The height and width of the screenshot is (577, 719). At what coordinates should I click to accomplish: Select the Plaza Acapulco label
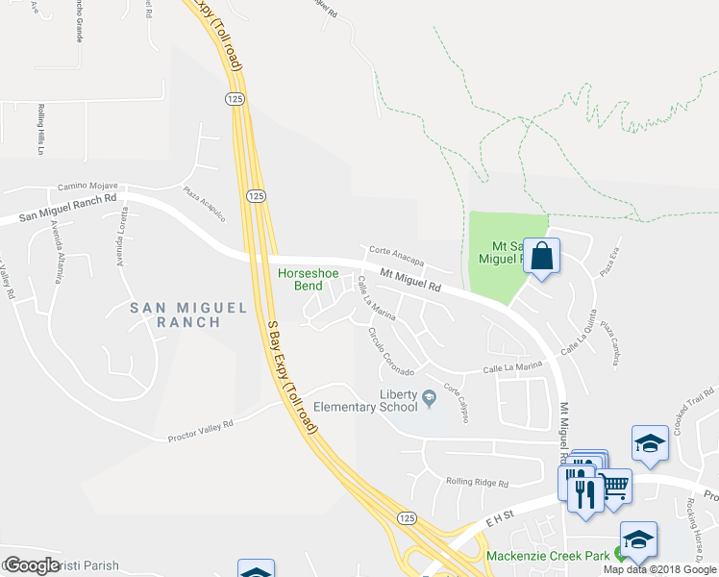click(205, 204)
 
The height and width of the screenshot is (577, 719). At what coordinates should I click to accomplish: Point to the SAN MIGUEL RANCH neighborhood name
click(189, 314)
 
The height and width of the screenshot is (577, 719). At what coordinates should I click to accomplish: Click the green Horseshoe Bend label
click(308, 280)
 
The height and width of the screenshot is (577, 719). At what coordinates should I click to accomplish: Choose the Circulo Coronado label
click(390, 353)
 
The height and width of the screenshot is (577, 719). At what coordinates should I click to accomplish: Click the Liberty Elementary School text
click(384, 401)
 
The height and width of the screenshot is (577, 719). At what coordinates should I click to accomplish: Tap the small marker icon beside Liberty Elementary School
click(429, 395)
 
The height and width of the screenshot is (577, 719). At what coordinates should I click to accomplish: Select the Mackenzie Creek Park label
click(549, 556)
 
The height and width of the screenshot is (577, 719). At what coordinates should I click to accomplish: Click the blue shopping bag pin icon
click(542, 257)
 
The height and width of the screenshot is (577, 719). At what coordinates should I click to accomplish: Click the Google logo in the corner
click(32, 565)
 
